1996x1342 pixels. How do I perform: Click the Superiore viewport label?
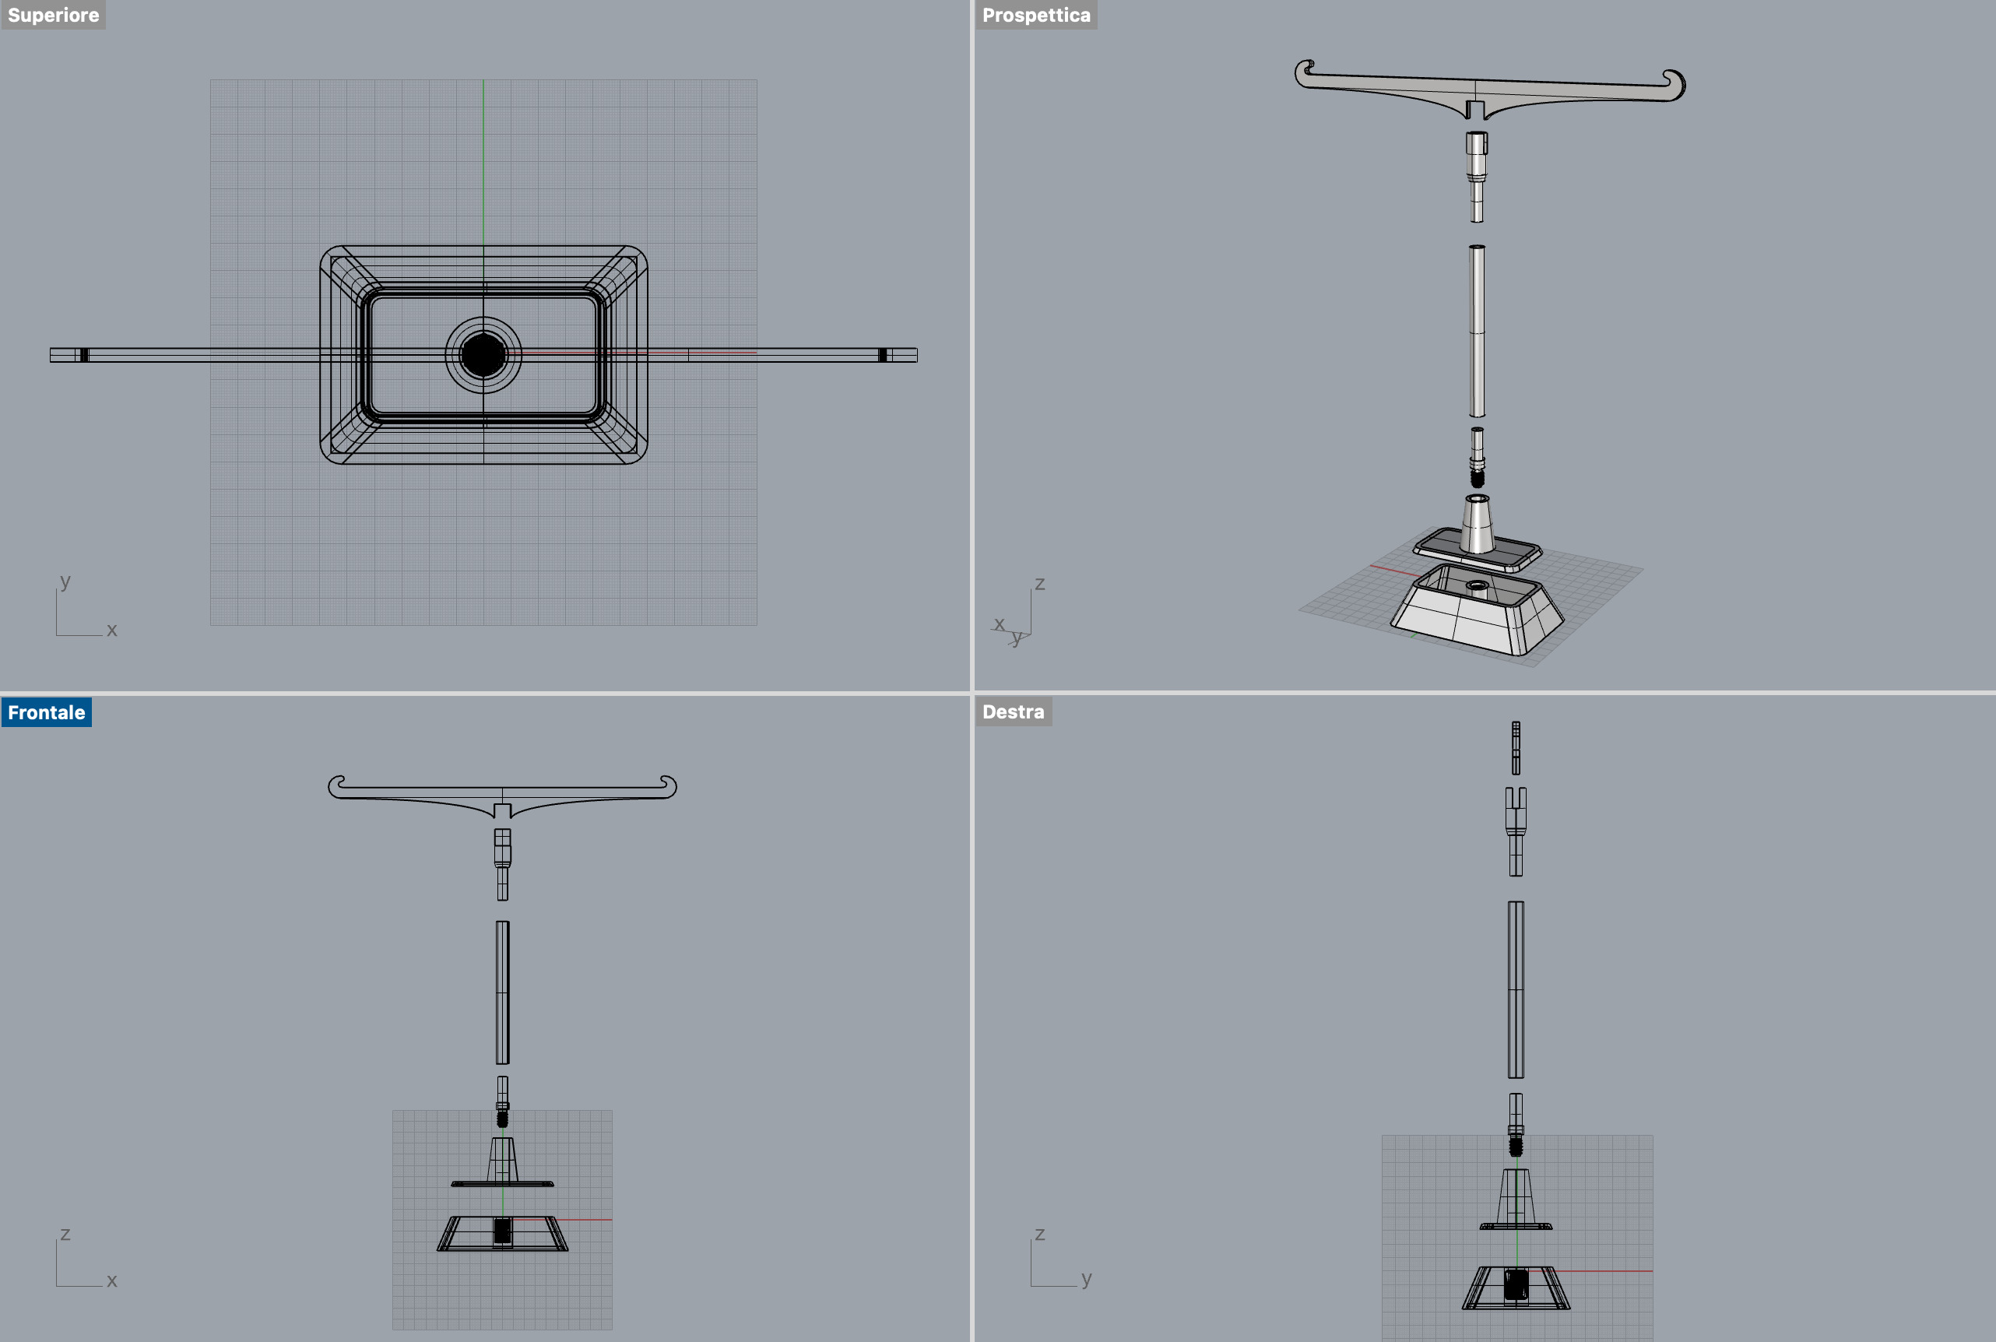(x=53, y=16)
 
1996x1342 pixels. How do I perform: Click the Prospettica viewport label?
(x=1035, y=16)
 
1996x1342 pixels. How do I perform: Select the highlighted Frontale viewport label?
(x=46, y=712)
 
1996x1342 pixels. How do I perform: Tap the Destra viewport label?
(x=1013, y=711)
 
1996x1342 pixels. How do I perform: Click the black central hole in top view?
(x=483, y=355)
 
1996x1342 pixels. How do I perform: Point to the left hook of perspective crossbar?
(x=1305, y=72)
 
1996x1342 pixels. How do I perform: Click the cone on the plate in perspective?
(x=1478, y=524)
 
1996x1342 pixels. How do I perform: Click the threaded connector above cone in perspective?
(x=1478, y=458)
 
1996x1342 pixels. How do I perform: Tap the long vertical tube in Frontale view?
(x=502, y=992)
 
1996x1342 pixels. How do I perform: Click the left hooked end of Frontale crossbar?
(x=336, y=785)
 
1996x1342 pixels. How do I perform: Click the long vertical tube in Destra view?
(x=1516, y=989)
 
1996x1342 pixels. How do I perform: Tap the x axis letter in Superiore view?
(x=111, y=630)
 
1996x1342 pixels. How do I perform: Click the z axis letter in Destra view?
(x=1040, y=1234)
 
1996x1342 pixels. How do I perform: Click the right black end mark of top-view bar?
(x=883, y=355)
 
